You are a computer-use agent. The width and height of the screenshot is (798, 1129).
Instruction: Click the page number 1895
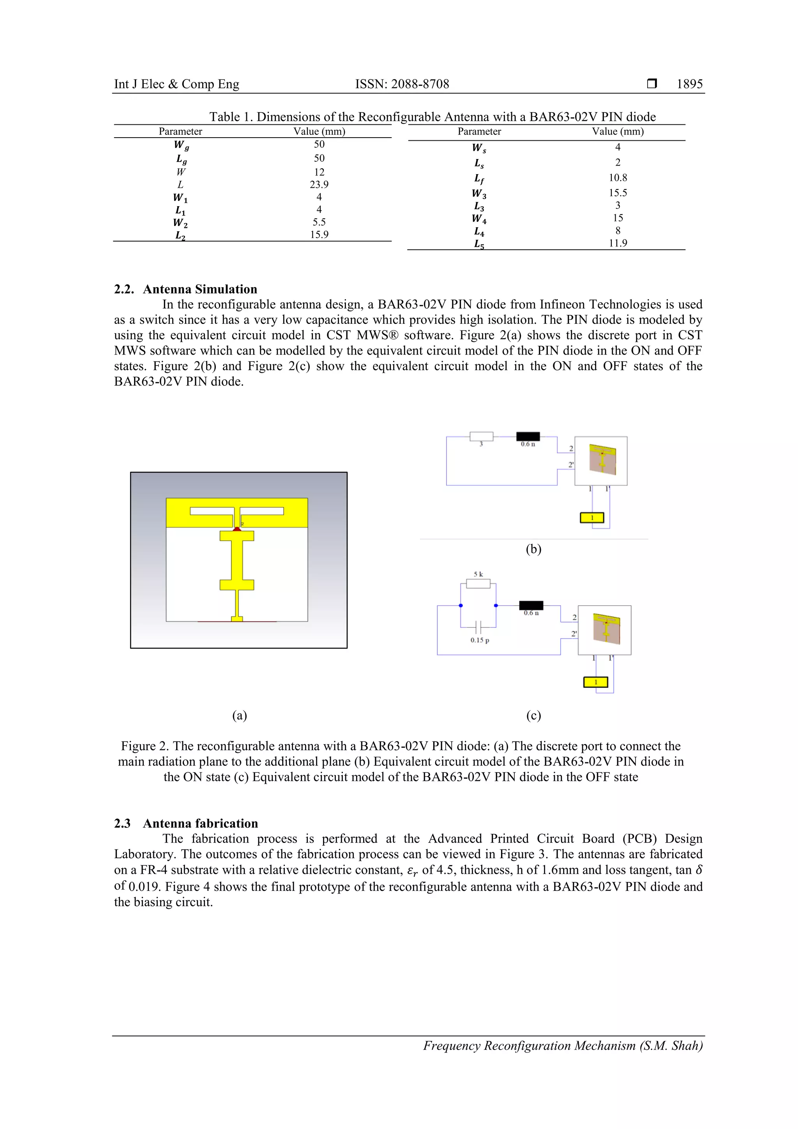(x=689, y=84)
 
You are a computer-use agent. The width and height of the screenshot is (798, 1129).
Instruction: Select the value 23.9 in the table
(x=319, y=184)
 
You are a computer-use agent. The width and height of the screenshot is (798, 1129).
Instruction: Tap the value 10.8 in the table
(x=618, y=177)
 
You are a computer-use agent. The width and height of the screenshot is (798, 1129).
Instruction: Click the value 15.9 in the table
(x=319, y=235)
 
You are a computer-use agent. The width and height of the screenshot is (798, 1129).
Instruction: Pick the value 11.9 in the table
(x=618, y=243)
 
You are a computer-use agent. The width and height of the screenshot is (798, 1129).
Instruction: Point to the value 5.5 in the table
(x=319, y=222)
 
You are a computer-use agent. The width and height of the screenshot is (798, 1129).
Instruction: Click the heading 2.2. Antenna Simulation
(x=185, y=289)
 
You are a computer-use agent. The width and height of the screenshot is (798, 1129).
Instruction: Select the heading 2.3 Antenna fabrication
(x=185, y=823)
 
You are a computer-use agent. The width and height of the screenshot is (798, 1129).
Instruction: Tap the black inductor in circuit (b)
(x=528, y=436)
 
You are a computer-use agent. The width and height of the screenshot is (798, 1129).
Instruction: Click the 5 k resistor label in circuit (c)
(x=478, y=574)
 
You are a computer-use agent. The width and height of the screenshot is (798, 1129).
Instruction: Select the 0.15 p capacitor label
(x=479, y=640)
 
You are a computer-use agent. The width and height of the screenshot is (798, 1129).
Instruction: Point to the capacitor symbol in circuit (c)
(x=478, y=627)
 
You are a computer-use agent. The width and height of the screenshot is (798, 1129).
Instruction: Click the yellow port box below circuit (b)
(x=592, y=518)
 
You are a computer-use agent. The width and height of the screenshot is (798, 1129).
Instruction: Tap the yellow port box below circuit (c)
(x=595, y=682)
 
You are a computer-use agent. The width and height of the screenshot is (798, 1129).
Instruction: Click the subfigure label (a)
(x=240, y=715)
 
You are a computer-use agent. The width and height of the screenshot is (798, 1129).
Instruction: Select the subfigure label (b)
(x=533, y=549)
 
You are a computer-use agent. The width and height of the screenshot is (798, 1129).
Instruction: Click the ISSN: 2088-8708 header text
(x=402, y=84)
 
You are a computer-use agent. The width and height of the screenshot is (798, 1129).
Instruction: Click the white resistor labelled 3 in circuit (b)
(x=481, y=436)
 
